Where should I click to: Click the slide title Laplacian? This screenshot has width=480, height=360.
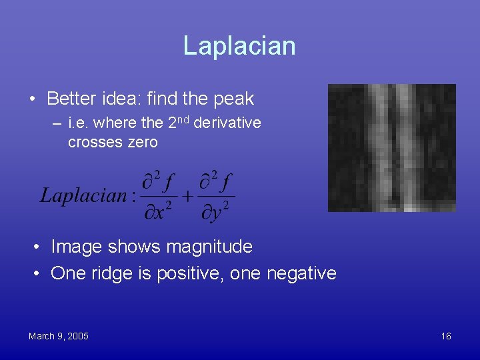[239, 46]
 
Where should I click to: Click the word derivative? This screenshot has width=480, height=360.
[227, 123]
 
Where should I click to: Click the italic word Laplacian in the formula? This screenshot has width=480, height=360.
[83, 195]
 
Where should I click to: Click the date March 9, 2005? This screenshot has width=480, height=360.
[59, 336]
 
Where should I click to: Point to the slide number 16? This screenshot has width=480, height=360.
[446, 336]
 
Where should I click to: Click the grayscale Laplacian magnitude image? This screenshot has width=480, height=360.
[391, 147]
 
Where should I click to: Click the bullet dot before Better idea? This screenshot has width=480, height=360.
[32, 99]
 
